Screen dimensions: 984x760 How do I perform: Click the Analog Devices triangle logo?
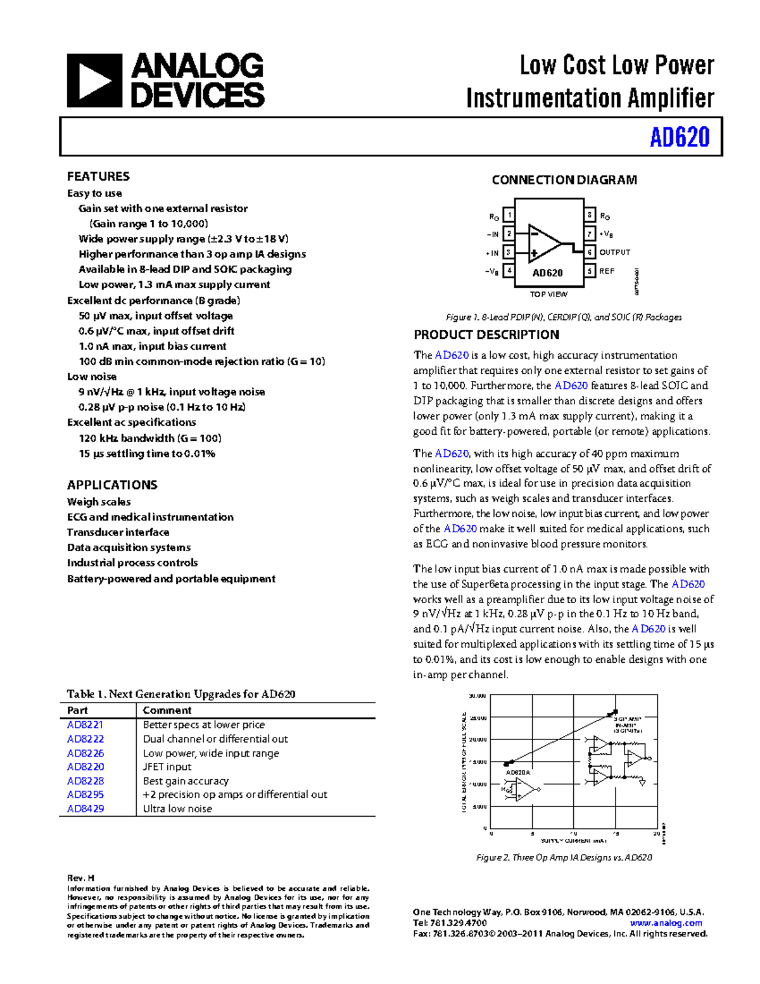[x=94, y=80]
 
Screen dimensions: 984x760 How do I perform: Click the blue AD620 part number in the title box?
[x=679, y=137]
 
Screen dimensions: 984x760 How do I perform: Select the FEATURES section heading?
[x=98, y=176]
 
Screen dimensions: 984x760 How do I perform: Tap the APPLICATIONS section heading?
[x=112, y=485]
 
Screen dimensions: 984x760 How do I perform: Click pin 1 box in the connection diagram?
[x=509, y=215]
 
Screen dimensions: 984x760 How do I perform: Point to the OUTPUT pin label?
[x=614, y=252]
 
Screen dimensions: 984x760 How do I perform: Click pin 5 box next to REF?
[x=590, y=271]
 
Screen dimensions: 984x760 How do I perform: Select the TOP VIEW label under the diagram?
[x=548, y=294]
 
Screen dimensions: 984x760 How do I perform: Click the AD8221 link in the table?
[x=85, y=724]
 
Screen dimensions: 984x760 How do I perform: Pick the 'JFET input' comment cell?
[x=167, y=767]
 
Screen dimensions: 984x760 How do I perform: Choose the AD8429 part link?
[x=85, y=808]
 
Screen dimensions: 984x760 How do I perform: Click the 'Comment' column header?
[x=167, y=710]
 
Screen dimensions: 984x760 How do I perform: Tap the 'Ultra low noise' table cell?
[x=177, y=808]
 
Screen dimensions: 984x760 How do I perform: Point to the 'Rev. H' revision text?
[x=80, y=878]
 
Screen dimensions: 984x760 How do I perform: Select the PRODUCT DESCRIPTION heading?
[x=486, y=335]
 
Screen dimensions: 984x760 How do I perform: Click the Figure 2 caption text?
[x=564, y=857]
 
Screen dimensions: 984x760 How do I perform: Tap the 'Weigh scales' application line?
[x=99, y=502]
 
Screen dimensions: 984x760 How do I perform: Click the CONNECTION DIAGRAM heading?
[x=564, y=180]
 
